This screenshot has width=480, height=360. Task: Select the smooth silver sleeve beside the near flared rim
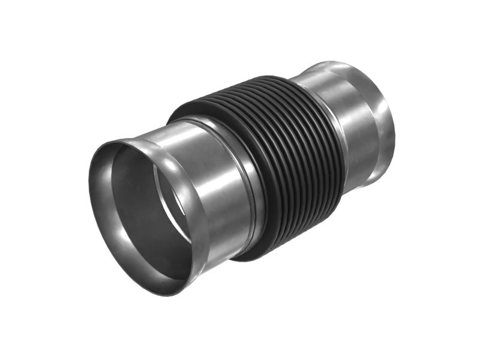222,180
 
